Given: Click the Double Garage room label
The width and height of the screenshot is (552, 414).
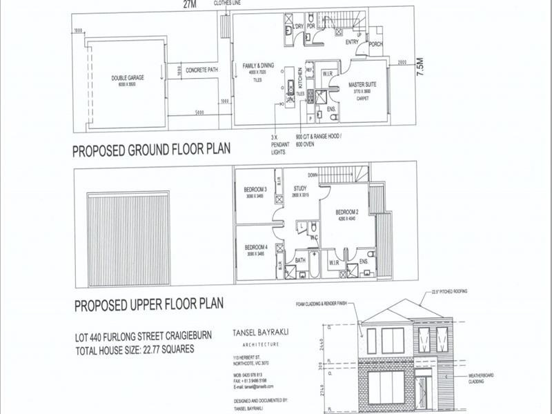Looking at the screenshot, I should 127,79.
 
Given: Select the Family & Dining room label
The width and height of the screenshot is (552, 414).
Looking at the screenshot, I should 257,66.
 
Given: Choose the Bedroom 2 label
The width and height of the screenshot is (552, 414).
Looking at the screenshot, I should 346,212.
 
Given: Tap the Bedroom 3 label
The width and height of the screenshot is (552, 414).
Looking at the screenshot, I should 255,190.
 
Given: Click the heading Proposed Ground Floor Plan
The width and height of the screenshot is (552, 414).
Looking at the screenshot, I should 152,149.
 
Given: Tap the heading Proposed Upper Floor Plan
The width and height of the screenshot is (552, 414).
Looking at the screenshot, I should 148,304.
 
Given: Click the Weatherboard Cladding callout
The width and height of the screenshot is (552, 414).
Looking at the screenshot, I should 485,378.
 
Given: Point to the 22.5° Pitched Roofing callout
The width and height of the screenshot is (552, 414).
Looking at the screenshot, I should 449,293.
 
